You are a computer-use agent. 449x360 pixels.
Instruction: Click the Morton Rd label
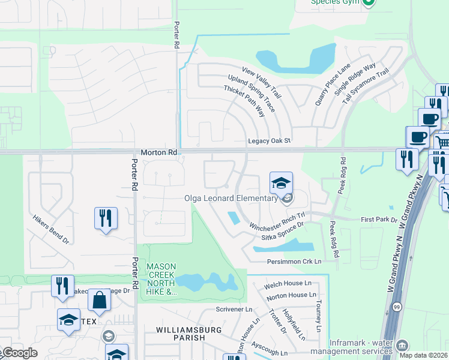pos(159,153)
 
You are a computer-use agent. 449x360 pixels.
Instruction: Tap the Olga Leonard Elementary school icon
pos(281,183)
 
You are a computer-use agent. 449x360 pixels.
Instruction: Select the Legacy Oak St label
pos(269,141)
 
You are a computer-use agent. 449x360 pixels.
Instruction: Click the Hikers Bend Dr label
pos(51,230)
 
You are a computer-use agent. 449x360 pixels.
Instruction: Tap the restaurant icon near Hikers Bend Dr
pos(106,218)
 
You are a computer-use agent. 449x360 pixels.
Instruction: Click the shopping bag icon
pos(99,300)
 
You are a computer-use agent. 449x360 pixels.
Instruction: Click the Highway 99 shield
pos(397,307)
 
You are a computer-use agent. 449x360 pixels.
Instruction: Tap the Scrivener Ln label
pos(234,310)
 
